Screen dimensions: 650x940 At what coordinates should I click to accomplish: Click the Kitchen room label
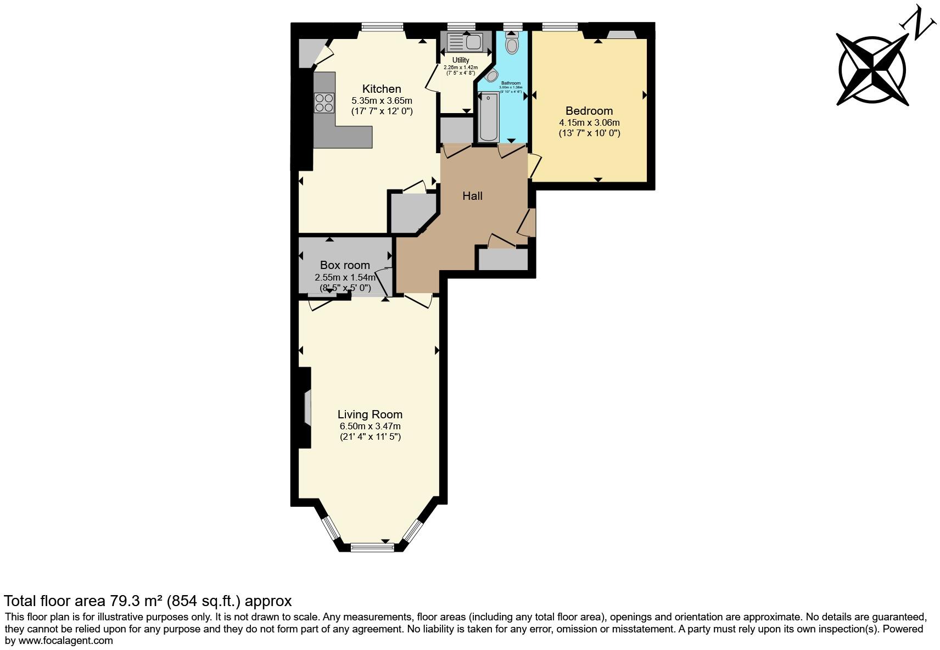tap(382, 89)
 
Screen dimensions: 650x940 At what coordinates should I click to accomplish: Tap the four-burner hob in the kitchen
tap(324, 103)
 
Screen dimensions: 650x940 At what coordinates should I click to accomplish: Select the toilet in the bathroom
tap(512, 42)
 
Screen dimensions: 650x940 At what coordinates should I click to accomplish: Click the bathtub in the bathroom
tap(488, 117)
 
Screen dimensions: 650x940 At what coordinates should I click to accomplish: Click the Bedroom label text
tap(589, 111)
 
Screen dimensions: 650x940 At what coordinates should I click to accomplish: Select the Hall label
tap(472, 196)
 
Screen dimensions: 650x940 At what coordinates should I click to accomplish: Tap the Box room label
tap(345, 265)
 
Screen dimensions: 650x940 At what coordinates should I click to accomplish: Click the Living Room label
tap(370, 414)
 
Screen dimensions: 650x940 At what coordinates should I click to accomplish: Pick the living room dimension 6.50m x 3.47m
tap(370, 426)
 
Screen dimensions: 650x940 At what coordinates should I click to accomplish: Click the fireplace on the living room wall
tap(307, 407)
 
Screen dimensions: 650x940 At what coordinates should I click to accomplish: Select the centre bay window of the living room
tap(372, 546)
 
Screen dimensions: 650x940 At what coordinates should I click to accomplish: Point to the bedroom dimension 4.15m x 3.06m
tap(589, 122)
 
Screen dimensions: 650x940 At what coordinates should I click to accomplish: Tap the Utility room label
tap(461, 60)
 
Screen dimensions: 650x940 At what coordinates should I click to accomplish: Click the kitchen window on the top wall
tap(382, 26)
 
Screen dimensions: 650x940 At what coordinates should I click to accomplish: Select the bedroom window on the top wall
tap(560, 26)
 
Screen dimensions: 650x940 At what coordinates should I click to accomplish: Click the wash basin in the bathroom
tap(490, 76)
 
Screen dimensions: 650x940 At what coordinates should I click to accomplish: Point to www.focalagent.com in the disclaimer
tap(65, 640)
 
